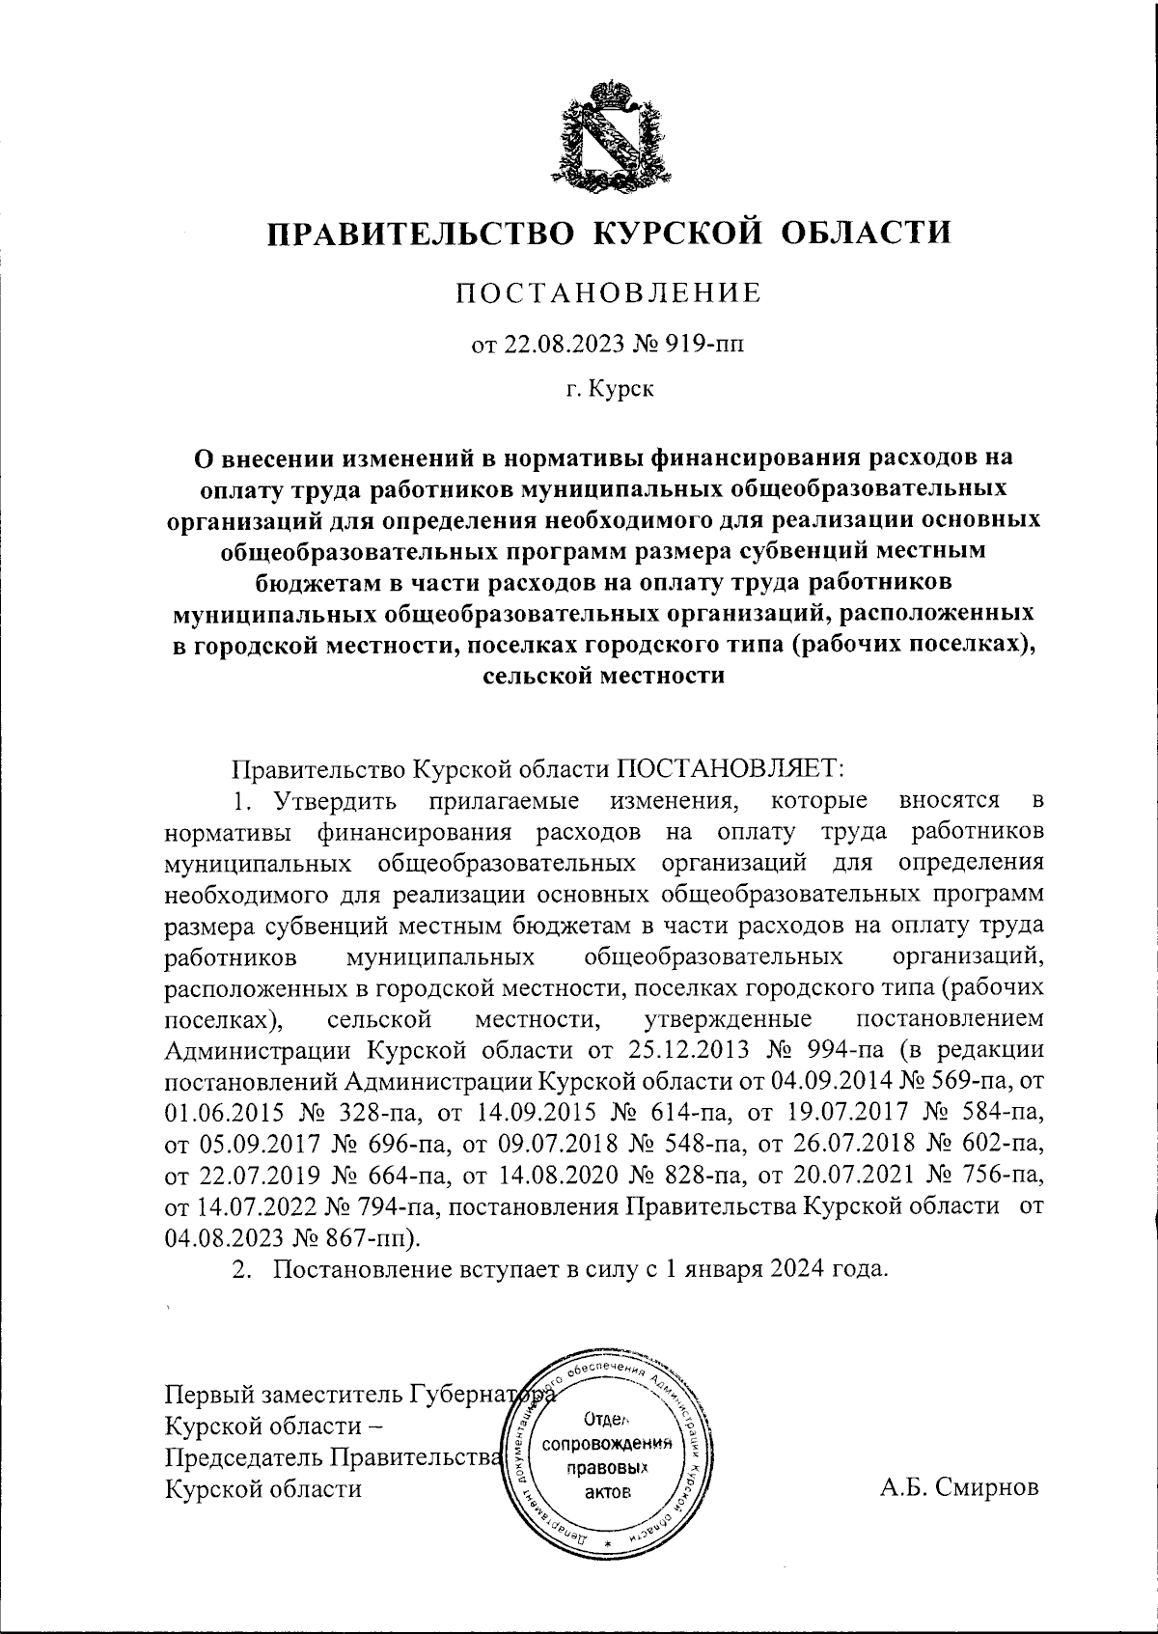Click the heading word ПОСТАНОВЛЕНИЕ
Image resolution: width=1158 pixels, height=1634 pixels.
point(608,292)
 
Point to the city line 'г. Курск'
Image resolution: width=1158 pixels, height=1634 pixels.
point(609,390)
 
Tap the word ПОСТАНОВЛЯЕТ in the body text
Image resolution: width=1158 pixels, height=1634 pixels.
point(731,769)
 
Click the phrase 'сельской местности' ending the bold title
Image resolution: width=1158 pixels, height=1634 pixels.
point(601,677)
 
